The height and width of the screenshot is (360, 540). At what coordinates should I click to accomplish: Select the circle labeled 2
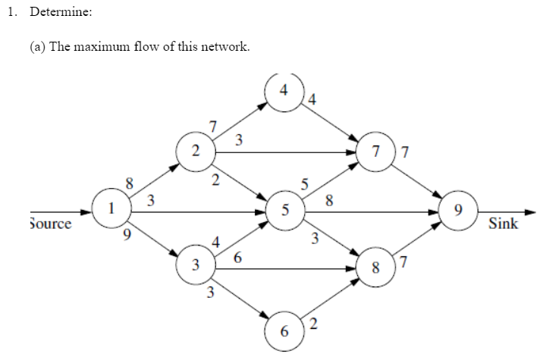pos(196,151)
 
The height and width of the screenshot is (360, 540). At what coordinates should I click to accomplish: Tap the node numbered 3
pos(196,267)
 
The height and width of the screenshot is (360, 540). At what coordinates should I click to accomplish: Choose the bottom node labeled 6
pos(284,331)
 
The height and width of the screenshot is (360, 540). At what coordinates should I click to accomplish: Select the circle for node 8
pos(375,267)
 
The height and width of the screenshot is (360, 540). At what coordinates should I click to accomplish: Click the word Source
pos(50,224)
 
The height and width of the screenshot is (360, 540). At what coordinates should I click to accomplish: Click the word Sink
pos(504,224)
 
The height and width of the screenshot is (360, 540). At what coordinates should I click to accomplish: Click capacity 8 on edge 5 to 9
pos(328,202)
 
